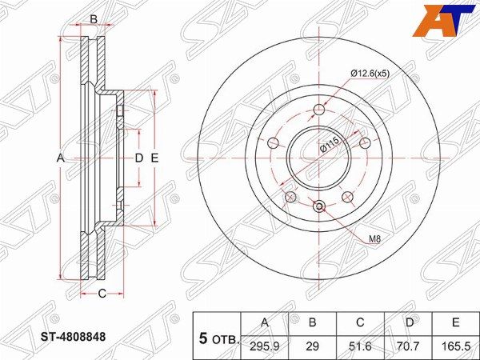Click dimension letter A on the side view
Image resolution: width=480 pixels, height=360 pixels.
(60, 158)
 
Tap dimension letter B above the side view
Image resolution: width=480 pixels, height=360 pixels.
(93, 18)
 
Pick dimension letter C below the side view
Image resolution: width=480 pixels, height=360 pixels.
(102, 294)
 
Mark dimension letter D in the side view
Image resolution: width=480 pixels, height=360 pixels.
(138, 158)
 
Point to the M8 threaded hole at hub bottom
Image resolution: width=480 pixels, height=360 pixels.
(319, 207)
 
